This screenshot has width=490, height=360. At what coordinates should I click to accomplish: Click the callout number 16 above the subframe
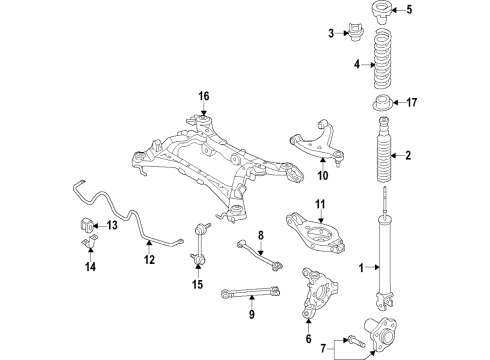click(203, 96)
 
